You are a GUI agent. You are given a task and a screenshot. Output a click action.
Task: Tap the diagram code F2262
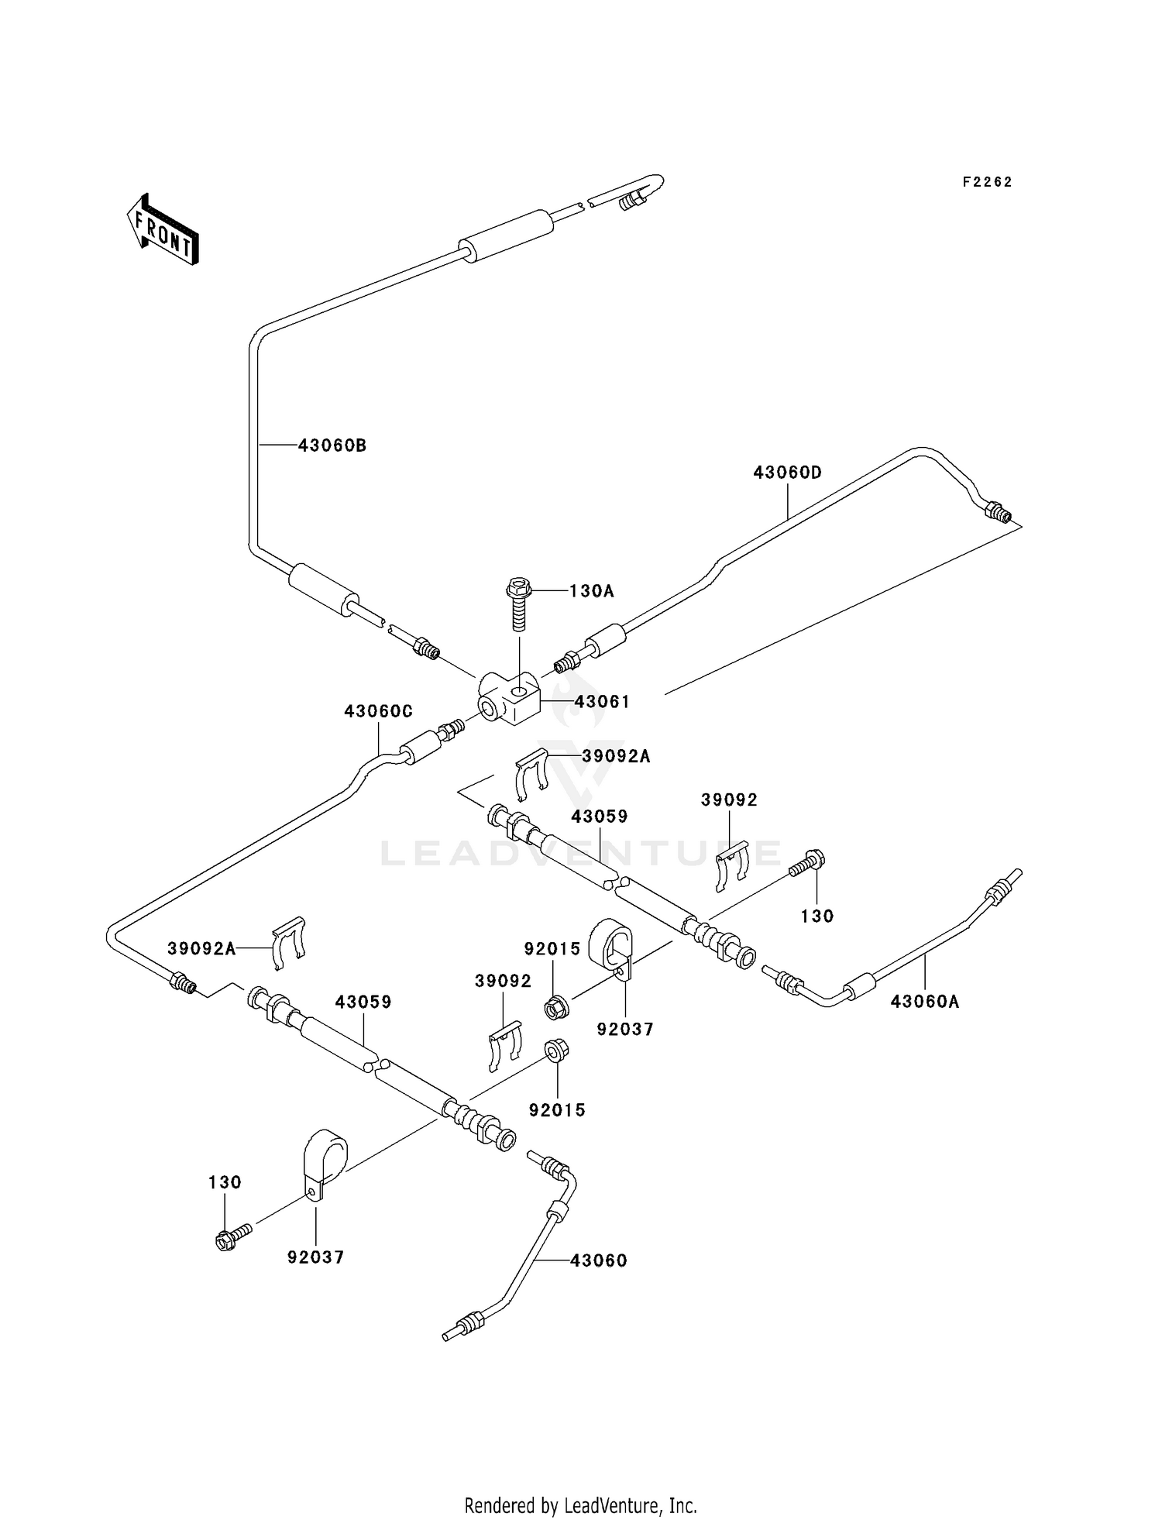point(987,182)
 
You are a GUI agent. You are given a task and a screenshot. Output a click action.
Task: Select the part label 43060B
point(332,445)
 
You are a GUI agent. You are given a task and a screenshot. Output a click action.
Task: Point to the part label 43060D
point(787,473)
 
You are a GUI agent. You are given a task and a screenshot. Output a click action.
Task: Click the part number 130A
point(591,591)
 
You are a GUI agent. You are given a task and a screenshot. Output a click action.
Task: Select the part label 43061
point(602,702)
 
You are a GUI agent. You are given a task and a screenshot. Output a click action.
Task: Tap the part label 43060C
point(378,711)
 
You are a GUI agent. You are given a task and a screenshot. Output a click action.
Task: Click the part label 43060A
point(925,1002)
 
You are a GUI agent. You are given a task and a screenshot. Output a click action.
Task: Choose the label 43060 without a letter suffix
point(599,1260)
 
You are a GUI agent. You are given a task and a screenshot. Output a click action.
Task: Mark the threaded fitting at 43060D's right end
point(998,512)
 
